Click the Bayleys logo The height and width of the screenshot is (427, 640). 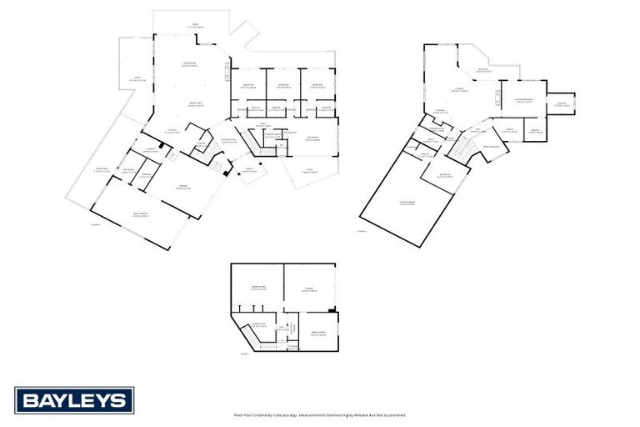pyautogui.click(x=74, y=401)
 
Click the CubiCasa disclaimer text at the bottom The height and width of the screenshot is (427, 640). pyautogui.click(x=320, y=414)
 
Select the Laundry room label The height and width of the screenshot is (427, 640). pyautogui.click(x=151, y=149)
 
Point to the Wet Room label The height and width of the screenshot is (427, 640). pyautogui.click(x=128, y=170)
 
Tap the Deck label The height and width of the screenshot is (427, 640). pyautogui.click(x=137, y=80)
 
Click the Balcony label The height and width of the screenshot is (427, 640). pyautogui.click(x=482, y=71)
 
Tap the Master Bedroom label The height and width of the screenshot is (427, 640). pyautogui.click(x=524, y=100)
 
